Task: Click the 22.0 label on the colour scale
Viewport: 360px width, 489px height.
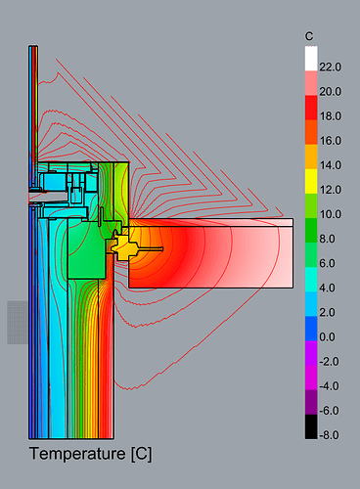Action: pyautogui.click(x=330, y=67)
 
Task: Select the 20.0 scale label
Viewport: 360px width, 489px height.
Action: pyautogui.click(x=330, y=92)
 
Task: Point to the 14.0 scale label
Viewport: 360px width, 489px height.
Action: pyautogui.click(x=330, y=165)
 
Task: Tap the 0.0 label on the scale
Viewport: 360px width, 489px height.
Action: pyautogui.click(x=327, y=336)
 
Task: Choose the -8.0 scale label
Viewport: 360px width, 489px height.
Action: pyautogui.click(x=329, y=435)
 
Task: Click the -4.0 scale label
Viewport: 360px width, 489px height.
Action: pyautogui.click(x=329, y=386)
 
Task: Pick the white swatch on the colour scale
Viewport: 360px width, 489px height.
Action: pyautogui.click(x=311, y=59)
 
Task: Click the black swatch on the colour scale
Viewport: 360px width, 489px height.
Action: pyautogui.click(x=311, y=426)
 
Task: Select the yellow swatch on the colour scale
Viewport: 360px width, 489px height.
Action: pyautogui.click(x=311, y=181)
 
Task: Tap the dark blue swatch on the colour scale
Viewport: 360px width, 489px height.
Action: pyautogui.click(x=311, y=329)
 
